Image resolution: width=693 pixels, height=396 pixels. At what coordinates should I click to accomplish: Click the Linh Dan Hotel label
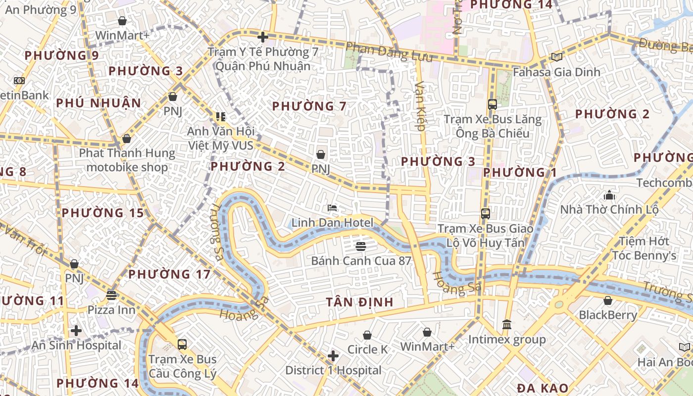tap(332, 223)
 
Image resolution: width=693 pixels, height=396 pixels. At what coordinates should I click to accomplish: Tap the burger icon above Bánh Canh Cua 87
tap(361, 246)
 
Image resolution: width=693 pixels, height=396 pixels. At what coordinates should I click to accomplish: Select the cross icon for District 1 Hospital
tap(333, 356)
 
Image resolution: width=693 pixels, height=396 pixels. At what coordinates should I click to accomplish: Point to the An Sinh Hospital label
tap(76, 345)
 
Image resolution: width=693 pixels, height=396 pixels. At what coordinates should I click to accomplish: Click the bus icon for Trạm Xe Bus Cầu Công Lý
tap(182, 344)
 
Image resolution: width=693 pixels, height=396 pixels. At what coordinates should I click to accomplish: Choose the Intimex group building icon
tap(507, 325)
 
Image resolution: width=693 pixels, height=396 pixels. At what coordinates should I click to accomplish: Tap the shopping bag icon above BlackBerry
tap(608, 300)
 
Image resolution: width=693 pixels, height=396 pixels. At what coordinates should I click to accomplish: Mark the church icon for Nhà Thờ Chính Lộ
tap(609, 195)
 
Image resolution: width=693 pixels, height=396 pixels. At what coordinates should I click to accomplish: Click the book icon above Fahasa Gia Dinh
tap(557, 57)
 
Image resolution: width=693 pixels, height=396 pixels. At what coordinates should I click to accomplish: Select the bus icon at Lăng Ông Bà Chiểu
tap(493, 104)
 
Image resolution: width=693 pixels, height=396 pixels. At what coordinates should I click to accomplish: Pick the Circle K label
tap(367, 349)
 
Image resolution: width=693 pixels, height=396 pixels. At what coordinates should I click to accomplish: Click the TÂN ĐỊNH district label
tap(360, 302)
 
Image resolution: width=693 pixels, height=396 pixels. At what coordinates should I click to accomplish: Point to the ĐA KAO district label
tap(543, 388)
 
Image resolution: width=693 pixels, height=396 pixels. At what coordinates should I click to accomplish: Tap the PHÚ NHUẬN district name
tap(99, 103)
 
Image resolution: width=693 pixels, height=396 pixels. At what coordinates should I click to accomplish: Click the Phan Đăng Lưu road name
tap(389, 52)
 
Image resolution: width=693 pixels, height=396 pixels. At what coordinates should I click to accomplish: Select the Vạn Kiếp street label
tap(420, 106)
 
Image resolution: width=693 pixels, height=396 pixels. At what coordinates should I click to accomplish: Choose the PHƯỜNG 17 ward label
tap(169, 274)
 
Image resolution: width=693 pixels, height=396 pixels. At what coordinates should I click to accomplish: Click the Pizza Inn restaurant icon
tap(111, 296)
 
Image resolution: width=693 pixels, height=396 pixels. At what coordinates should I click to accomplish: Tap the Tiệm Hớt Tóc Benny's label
tap(644, 248)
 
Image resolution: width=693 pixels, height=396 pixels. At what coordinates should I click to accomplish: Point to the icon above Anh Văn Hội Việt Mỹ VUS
tap(220, 117)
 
